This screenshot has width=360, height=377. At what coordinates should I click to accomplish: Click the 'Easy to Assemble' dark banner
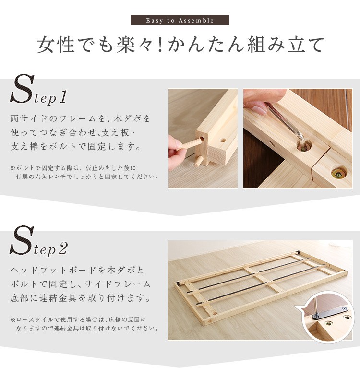click(x=180, y=20)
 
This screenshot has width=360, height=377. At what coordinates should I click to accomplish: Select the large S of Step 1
click(x=22, y=89)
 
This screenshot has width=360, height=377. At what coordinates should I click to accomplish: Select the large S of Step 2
click(x=22, y=240)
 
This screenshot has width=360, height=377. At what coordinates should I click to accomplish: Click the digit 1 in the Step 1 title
click(x=62, y=97)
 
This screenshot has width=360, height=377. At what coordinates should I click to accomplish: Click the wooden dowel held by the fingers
click(x=191, y=144)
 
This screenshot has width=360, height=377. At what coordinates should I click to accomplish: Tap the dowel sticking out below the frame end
click(x=197, y=161)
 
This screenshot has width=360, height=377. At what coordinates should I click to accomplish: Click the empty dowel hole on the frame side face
click(x=223, y=140)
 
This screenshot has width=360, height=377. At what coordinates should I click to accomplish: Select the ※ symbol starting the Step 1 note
click(x=12, y=168)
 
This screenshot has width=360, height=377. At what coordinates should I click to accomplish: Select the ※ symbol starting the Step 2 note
click(x=12, y=320)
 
